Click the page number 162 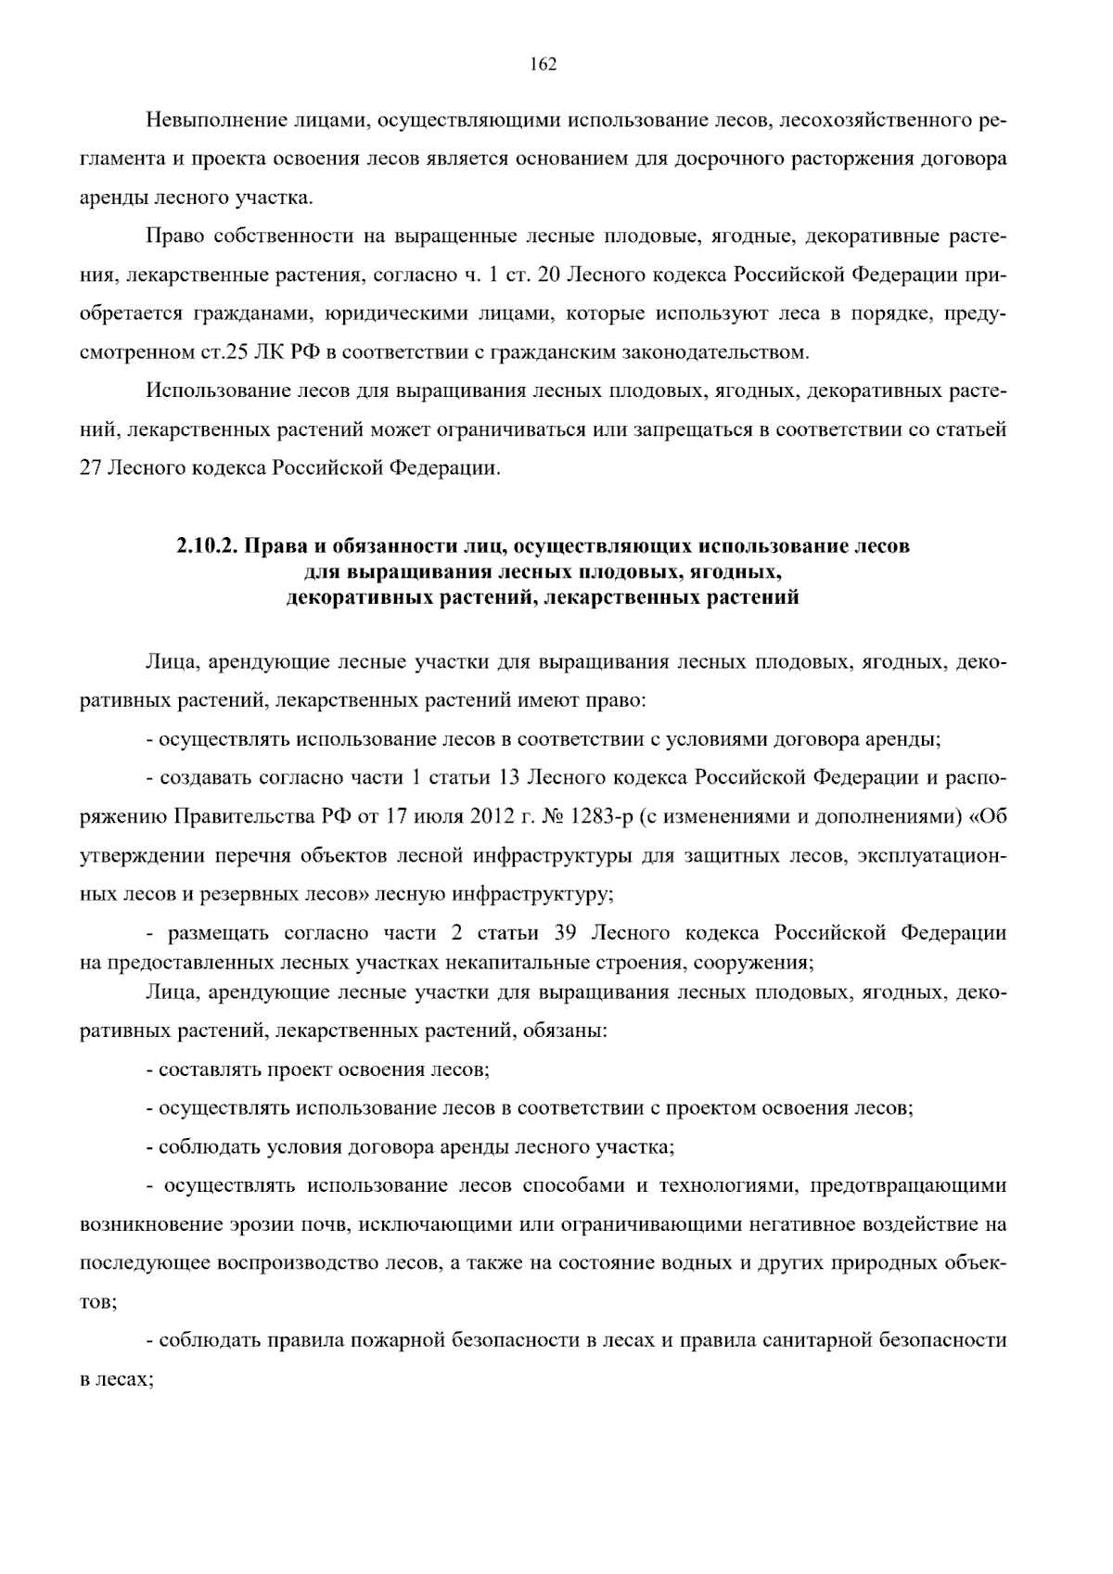(543, 64)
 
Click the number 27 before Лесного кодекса (90, 468)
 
